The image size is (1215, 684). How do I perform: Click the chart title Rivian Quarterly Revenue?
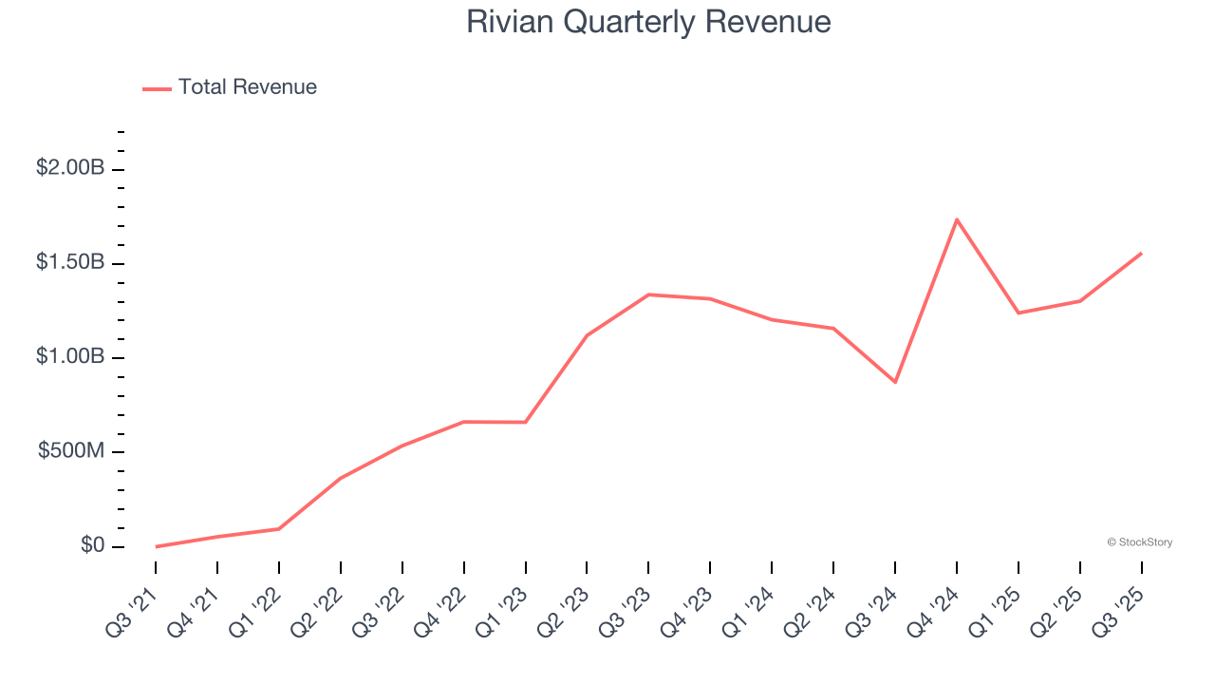pos(648,22)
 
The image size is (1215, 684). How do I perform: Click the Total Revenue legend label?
pos(247,87)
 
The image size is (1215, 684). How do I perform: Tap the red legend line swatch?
pos(157,88)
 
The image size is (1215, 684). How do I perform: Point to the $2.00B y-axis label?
pos(70,168)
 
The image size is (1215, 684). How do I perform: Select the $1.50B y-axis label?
pos(70,262)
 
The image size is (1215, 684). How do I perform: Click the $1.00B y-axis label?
pos(70,356)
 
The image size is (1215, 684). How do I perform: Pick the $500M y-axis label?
pos(71,450)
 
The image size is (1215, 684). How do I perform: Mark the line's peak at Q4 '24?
pos(957,219)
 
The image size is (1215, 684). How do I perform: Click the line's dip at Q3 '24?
pos(895,382)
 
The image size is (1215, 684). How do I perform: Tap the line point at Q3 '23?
pos(648,294)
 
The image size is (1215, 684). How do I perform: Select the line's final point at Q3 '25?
pos(1141,254)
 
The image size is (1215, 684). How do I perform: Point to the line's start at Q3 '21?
pos(156,546)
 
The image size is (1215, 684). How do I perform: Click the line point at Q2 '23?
pos(587,335)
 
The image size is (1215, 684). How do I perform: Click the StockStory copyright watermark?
pos(1139,542)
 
